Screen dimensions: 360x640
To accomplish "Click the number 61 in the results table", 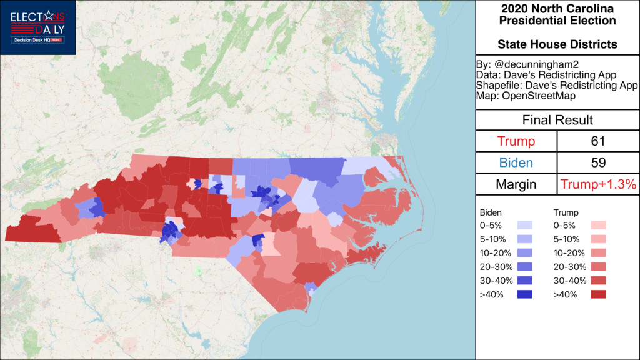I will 598,141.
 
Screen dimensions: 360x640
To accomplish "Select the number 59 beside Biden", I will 598,162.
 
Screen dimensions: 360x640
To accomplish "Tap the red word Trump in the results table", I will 516,141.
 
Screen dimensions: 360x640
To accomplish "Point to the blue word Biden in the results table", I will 516,162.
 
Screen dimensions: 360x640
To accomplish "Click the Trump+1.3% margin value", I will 598,184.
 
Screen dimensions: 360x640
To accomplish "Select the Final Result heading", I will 557,120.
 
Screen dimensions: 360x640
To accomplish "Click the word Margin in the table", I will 516,184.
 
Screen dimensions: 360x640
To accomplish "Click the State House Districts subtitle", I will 557,44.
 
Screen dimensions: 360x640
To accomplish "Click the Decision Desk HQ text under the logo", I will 32,40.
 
